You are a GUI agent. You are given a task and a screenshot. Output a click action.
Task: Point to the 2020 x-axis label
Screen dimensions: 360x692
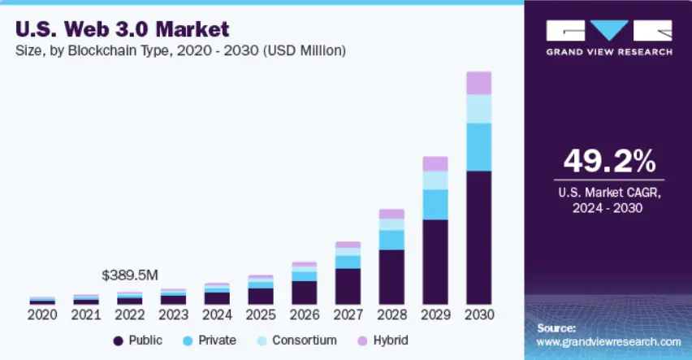(42, 314)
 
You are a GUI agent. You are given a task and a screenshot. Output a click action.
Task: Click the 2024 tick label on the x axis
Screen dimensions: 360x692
(217, 314)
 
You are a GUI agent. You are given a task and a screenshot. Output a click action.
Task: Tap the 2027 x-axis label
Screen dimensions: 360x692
(348, 314)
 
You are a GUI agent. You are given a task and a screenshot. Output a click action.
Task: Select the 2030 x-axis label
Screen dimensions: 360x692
(479, 314)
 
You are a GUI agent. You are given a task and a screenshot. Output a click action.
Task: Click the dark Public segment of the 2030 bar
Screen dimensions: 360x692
(479, 237)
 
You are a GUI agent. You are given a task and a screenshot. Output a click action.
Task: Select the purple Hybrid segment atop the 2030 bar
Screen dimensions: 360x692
(479, 83)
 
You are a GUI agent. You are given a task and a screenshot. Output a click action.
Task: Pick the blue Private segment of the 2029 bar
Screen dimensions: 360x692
(435, 205)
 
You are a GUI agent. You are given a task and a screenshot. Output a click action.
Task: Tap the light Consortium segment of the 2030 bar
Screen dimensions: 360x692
(479, 109)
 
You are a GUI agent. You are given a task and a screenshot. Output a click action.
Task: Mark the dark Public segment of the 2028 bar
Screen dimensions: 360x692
(391, 276)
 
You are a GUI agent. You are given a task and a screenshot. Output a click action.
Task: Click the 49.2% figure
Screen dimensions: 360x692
(608, 161)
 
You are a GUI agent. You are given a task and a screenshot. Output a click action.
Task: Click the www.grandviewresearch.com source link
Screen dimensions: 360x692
(608, 342)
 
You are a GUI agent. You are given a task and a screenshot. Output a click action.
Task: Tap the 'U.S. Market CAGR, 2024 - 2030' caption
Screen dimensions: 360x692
(608, 200)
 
